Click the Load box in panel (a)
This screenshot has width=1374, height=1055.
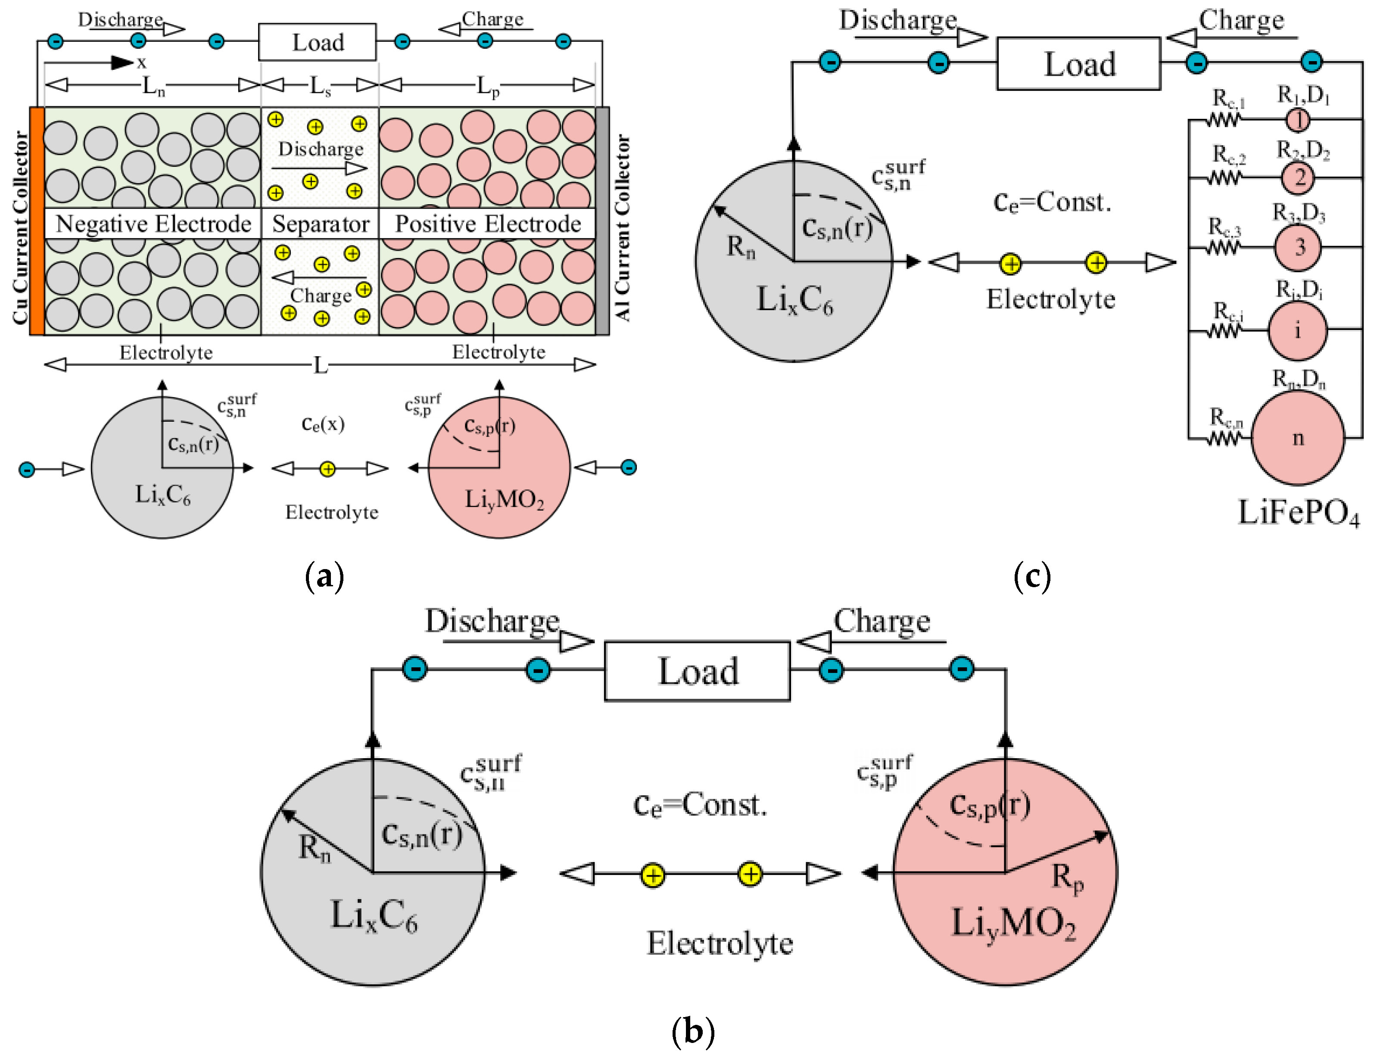point(318,42)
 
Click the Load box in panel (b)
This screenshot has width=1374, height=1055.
point(697,671)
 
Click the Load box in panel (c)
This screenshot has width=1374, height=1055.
point(1079,63)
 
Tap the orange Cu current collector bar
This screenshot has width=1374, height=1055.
point(37,221)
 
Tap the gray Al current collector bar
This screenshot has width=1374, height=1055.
point(602,221)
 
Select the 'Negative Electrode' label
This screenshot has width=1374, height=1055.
point(153,224)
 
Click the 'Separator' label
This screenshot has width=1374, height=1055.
point(320,224)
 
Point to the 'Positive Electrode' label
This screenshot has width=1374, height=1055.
point(488,224)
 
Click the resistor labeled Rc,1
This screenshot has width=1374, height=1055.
point(1223,119)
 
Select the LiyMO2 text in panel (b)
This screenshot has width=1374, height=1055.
point(1013,923)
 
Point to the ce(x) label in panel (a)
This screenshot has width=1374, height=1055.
point(323,424)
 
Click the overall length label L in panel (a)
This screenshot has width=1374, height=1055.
point(320,365)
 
